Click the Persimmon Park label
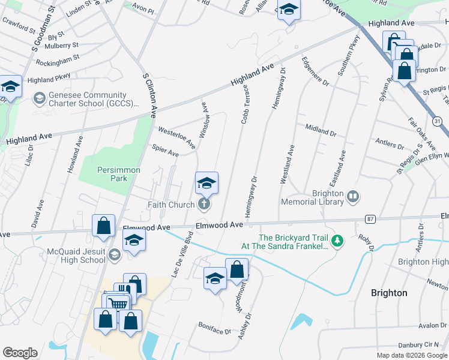click(119, 174)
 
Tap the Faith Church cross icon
click(204, 205)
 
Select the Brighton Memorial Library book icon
click(353, 196)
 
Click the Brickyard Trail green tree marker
click(337, 241)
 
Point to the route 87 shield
click(370, 219)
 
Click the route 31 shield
click(438, 121)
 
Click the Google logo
click(20, 352)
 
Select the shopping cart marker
click(117, 303)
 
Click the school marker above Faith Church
click(206, 183)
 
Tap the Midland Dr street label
click(321, 129)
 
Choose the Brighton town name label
click(389, 293)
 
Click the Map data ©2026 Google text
click(412, 355)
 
